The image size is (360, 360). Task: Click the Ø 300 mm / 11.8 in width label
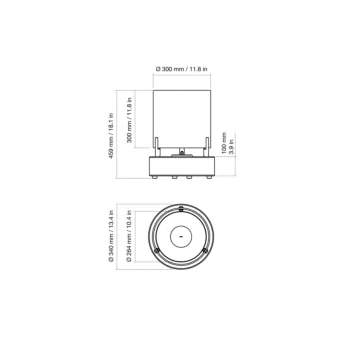coord(181,68)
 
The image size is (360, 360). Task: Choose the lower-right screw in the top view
coord(207,253)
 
